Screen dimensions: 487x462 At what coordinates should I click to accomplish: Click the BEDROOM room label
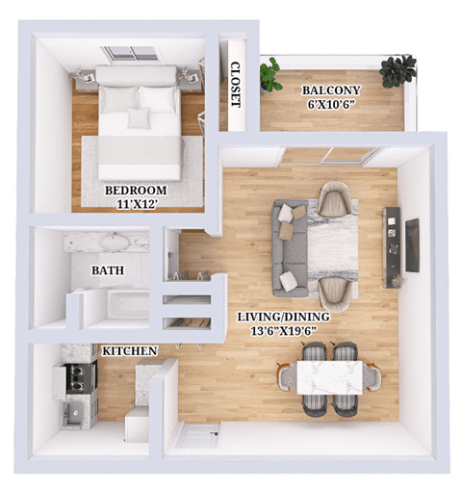tap(136, 190)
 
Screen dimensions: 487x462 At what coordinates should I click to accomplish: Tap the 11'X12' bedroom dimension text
tap(136, 203)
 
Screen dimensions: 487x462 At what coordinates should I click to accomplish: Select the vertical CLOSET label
tap(236, 83)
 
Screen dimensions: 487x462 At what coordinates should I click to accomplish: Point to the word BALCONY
tap(331, 90)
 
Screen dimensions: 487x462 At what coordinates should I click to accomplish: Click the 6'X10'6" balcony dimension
tap(331, 104)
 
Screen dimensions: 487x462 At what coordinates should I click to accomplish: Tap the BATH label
tap(107, 270)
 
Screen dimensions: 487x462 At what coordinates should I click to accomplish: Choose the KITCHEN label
tap(129, 351)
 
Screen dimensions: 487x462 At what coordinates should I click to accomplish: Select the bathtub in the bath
tap(115, 305)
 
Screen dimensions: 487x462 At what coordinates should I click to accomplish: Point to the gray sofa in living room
tap(288, 247)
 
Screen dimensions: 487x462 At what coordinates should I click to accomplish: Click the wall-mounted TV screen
tap(412, 245)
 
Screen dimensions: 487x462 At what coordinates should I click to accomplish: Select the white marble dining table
tap(330, 377)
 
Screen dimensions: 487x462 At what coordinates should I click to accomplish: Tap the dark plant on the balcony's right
tap(398, 69)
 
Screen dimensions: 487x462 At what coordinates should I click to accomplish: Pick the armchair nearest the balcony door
tap(334, 199)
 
